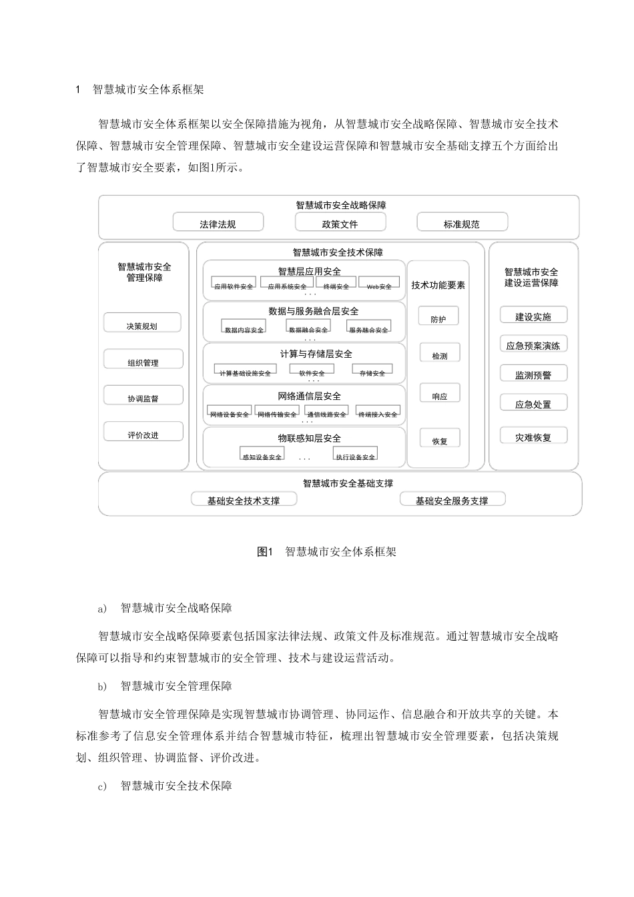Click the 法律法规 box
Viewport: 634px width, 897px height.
218,223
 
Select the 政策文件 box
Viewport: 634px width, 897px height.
340,223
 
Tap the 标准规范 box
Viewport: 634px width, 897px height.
462,223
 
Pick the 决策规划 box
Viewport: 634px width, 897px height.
142,324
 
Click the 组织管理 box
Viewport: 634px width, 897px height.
143,361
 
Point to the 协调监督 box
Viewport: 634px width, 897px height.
143,397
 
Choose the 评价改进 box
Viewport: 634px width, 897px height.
143,434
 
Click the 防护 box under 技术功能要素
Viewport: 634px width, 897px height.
439,318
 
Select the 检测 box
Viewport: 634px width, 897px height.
439,354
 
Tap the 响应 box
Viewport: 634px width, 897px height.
439,394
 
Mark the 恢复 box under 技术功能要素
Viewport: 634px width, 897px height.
439,440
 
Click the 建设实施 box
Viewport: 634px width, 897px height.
533,316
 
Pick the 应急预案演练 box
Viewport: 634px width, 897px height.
533,344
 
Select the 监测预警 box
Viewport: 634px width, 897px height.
533,374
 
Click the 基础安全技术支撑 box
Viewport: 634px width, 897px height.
244,500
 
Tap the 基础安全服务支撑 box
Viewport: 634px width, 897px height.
452,500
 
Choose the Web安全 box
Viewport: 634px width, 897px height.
379,285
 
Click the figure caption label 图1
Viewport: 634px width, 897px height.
266,552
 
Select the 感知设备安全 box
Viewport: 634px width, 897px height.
262,455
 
